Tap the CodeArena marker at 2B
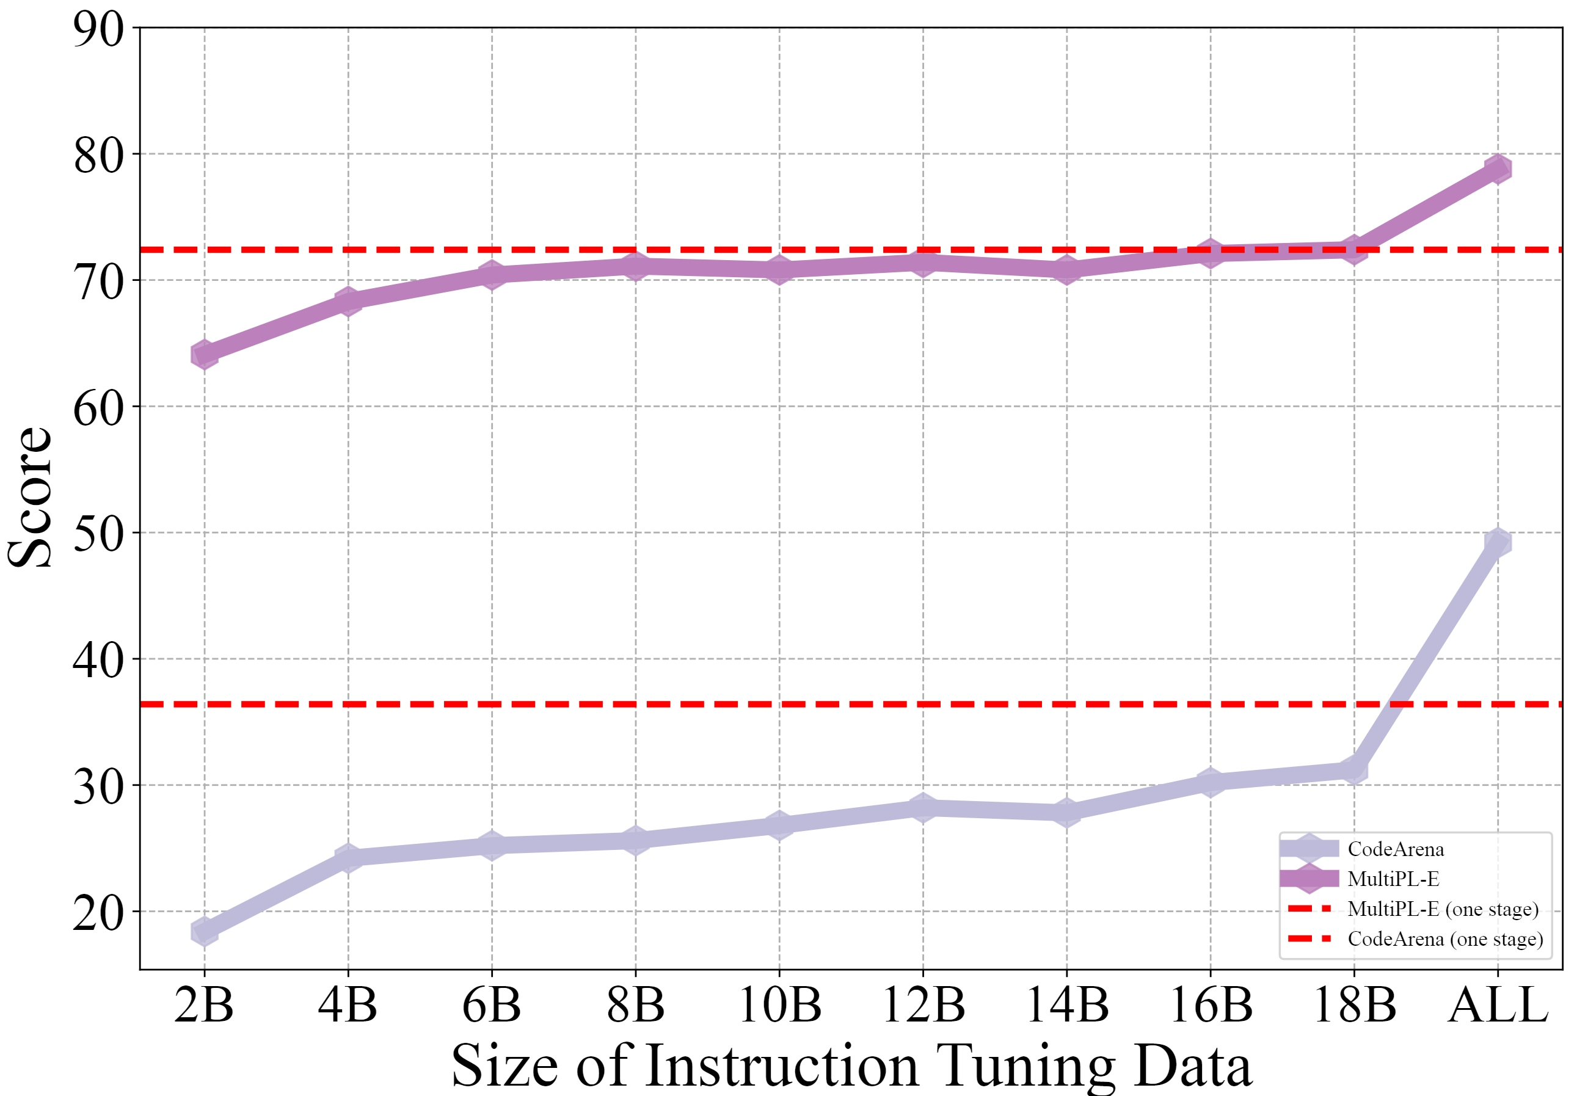(x=204, y=932)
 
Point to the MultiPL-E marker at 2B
(x=204, y=355)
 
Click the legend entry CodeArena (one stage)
(x=1445, y=938)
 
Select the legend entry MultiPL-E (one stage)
(x=1443, y=909)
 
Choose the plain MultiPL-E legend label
(x=1393, y=879)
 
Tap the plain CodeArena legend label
(x=1396, y=849)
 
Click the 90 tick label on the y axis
(x=98, y=29)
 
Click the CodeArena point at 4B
(x=348, y=857)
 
